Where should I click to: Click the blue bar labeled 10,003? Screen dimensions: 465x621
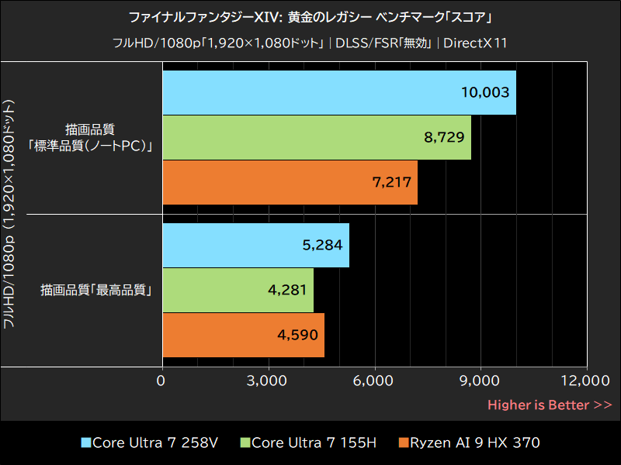coord(338,92)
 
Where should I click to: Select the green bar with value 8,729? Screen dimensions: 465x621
coord(316,137)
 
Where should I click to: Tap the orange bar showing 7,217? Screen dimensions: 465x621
coord(290,182)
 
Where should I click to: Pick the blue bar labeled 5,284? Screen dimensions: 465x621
coord(255,246)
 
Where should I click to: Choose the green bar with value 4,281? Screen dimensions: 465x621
coord(238,290)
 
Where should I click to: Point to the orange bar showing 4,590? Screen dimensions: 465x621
coord(243,335)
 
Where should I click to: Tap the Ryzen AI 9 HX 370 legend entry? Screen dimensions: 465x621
coord(469,443)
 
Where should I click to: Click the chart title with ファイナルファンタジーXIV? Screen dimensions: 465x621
coord(310,16)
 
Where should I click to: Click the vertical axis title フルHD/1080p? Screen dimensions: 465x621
coord(10,213)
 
